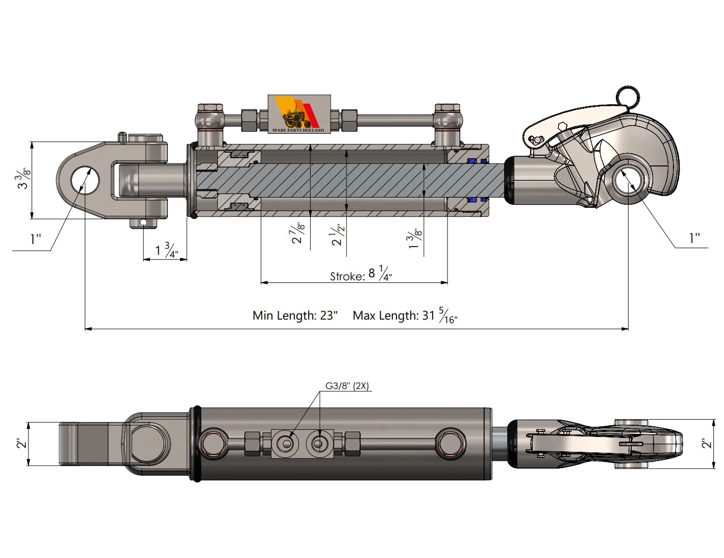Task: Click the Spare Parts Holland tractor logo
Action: (x=299, y=114)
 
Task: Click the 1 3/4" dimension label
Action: (x=166, y=251)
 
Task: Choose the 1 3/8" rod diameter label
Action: (x=415, y=238)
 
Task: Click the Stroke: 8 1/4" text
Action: (x=361, y=275)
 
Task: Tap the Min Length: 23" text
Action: (x=295, y=316)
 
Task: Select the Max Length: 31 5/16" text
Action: (x=405, y=316)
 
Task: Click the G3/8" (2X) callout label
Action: (x=347, y=386)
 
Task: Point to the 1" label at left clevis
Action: (x=35, y=239)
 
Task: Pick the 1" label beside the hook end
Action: (x=694, y=238)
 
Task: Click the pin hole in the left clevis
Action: (x=84, y=180)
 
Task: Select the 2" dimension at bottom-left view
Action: (x=21, y=443)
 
